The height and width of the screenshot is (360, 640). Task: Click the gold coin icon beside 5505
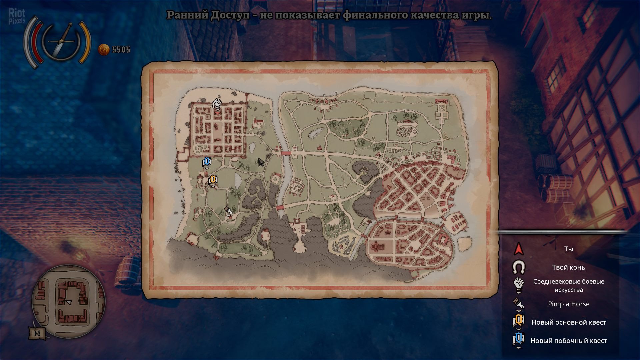[x=104, y=50]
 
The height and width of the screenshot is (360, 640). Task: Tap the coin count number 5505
[x=121, y=50]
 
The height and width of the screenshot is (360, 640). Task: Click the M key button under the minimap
[x=37, y=333]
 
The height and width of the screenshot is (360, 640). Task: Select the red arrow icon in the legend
[x=518, y=249]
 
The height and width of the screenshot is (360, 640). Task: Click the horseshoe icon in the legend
[x=518, y=267]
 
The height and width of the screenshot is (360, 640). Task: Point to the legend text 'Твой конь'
[x=568, y=267]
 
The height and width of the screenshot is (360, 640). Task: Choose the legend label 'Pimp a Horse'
[x=568, y=304]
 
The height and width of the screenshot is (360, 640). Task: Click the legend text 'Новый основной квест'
[x=568, y=322]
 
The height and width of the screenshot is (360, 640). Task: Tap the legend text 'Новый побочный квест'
[x=568, y=341]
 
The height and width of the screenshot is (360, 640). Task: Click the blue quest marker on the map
[x=207, y=162]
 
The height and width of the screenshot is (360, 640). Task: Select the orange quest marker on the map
[x=213, y=180]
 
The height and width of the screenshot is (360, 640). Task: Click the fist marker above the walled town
[x=217, y=103]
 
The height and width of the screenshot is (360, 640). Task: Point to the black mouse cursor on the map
[x=261, y=162]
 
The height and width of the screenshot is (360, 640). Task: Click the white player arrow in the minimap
[x=69, y=302]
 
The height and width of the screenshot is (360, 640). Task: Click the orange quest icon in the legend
[x=518, y=321]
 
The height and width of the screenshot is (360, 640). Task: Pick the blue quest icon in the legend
[x=518, y=339]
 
